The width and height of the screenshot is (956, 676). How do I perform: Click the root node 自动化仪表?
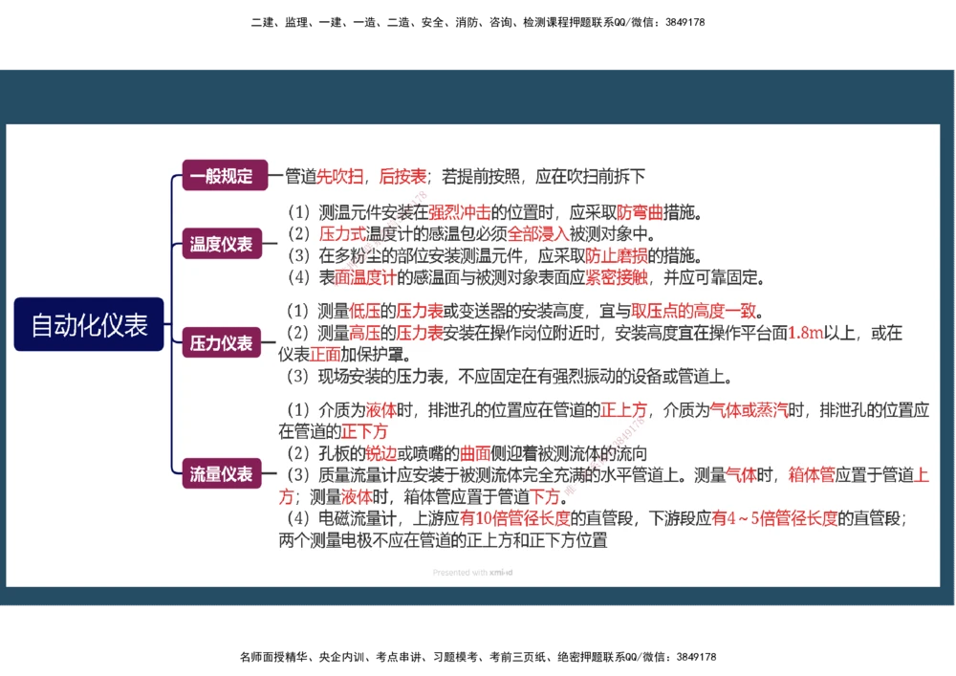(89, 324)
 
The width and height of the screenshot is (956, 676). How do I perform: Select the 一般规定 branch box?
(221, 176)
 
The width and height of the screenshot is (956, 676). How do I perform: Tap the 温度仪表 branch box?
(221, 244)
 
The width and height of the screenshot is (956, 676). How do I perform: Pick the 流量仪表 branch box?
(221, 473)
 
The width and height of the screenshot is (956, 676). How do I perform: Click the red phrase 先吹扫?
(339, 176)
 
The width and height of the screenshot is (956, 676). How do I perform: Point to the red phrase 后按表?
(402, 176)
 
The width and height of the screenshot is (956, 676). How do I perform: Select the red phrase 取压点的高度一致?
(693, 311)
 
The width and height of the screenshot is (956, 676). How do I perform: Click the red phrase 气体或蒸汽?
(749, 410)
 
